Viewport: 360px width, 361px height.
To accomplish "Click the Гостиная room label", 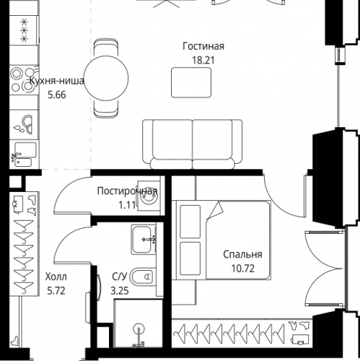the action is pyautogui.click(x=203, y=46).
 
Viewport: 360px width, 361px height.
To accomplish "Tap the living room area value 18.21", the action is pyautogui.click(x=203, y=60).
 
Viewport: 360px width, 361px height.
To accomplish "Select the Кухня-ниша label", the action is pyautogui.click(x=57, y=81).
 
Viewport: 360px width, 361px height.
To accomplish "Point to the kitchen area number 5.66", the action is pyautogui.click(x=57, y=95).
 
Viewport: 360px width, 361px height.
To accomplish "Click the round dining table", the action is pyautogui.click(x=106, y=78).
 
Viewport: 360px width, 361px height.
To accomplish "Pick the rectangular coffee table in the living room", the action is pyautogui.click(x=191, y=82).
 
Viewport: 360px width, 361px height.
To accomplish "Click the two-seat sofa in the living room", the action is pyautogui.click(x=193, y=144).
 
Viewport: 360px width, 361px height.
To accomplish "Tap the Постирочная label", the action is pyautogui.click(x=128, y=191).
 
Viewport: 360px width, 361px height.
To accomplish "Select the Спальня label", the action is pyautogui.click(x=242, y=254).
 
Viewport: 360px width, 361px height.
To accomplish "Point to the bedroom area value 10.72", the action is pyautogui.click(x=243, y=269).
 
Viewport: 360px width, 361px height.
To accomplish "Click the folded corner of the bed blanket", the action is pyautogui.click(x=216, y=211).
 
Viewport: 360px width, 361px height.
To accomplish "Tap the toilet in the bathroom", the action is pyautogui.click(x=142, y=277).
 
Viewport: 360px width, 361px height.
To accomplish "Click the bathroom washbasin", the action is pyautogui.click(x=144, y=240).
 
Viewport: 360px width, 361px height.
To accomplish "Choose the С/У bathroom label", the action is pyautogui.click(x=119, y=277).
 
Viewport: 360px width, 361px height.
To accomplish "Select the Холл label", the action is pyautogui.click(x=56, y=277).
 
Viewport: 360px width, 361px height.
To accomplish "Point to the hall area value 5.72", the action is pyautogui.click(x=56, y=291).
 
